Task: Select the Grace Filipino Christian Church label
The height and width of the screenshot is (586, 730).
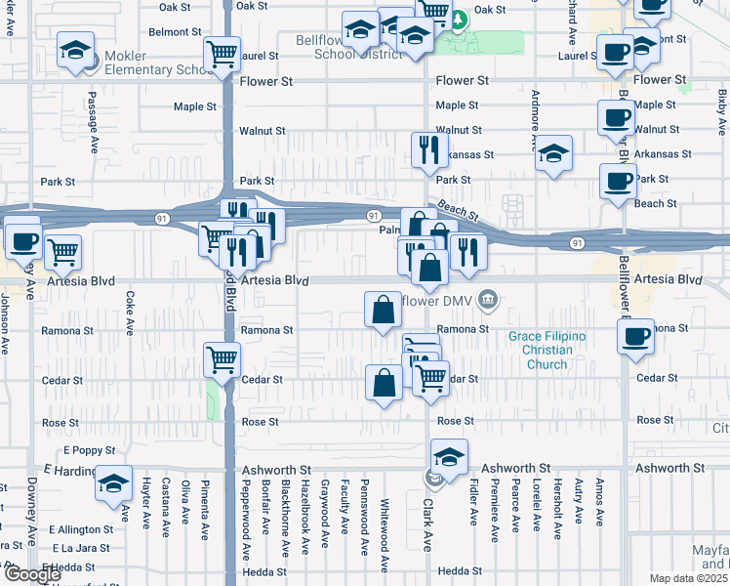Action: click(x=547, y=350)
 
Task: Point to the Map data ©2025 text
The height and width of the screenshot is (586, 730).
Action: click(x=689, y=578)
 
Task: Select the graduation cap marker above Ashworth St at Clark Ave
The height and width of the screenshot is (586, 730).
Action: click(x=449, y=456)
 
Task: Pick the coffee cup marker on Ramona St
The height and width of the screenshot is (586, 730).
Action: click(x=635, y=337)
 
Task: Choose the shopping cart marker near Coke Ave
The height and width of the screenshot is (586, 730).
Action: click(x=62, y=252)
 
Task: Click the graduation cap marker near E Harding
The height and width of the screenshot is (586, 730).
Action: click(x=113, y=483)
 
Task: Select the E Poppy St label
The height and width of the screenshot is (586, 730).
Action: click(x=90, y=451)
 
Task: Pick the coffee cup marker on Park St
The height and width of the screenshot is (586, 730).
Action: click(x=617, y=181)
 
